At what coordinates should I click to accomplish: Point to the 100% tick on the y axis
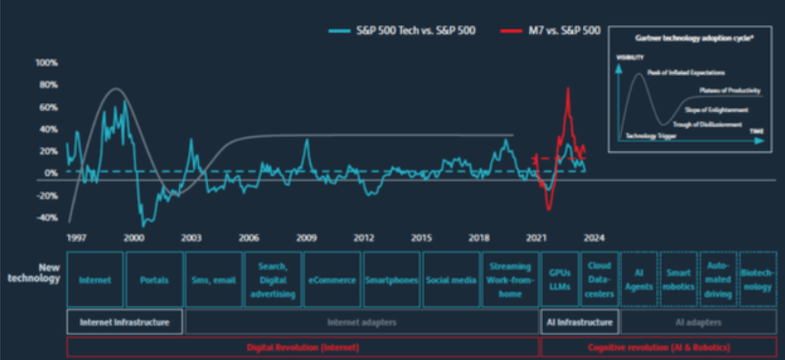click(47, 62)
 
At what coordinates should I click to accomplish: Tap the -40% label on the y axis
click(46, 218)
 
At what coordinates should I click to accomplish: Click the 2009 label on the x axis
click(307, 238)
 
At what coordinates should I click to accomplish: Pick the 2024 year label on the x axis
click(594, 238)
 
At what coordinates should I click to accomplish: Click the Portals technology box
click(154, 280)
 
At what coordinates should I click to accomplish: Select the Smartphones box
click(391, 280)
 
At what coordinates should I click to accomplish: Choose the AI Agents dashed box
click(639, 280)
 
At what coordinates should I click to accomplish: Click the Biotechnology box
click(756, 280)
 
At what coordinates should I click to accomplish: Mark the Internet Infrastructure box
click(124, 322)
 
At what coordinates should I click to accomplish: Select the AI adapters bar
click(698, 322)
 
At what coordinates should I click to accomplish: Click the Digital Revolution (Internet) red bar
click(303, 347)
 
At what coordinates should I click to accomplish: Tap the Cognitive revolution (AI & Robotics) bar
click(659, 347)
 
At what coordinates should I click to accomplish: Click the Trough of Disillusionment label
click(712, 124)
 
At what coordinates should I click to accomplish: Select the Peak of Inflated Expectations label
click(686, 72)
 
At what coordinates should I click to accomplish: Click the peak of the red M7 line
click(568, 88)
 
